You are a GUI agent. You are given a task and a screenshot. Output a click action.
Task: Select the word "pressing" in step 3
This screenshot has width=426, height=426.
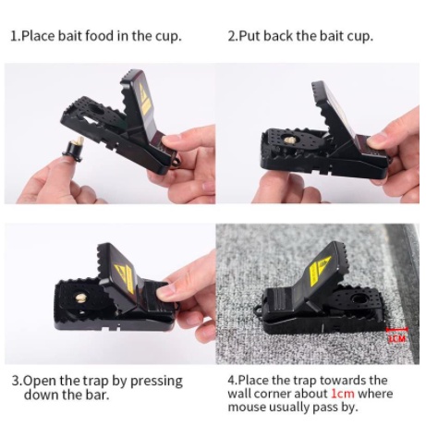(156, 382)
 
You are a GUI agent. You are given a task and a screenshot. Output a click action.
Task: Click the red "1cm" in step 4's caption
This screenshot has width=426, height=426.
(343, 394)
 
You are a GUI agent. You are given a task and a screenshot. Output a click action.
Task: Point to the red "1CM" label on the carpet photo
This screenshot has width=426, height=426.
(397, 338)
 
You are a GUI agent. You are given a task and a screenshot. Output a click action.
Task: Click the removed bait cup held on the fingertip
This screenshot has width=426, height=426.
(74, 148)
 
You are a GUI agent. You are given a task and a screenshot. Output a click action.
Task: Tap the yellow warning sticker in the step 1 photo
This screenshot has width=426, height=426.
(144, 99)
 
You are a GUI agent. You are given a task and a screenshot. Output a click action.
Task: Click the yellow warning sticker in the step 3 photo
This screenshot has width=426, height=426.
(125, 276)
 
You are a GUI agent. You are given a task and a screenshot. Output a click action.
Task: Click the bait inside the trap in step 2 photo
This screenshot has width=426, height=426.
(289, 140)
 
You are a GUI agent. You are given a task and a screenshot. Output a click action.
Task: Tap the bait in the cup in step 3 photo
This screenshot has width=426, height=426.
(80, 298)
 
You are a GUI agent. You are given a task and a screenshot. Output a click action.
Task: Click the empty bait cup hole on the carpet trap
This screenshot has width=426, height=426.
(359, 298)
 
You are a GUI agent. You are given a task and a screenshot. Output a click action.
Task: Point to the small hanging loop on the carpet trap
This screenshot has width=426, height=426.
(258, 311)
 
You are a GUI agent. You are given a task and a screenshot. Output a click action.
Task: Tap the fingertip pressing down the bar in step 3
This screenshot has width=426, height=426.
(169, 290)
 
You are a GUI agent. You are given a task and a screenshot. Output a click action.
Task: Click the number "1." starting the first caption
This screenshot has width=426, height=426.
(15, 36)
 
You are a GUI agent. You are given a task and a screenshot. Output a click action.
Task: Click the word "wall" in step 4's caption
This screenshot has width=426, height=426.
(239, 394)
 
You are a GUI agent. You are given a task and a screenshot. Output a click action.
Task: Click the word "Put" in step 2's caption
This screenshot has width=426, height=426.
(250, 36)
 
